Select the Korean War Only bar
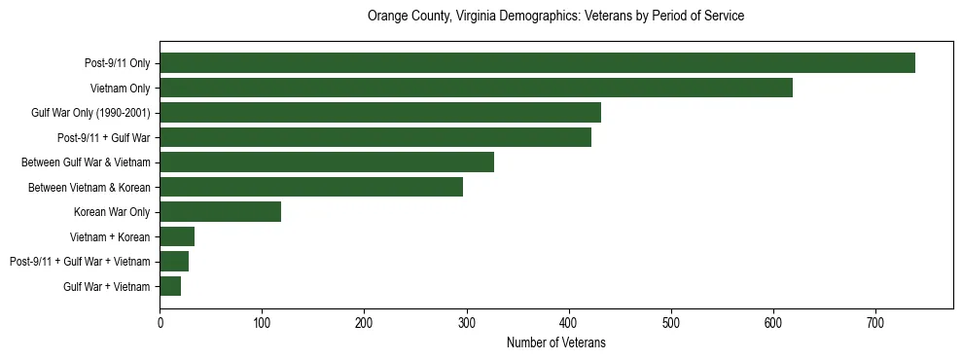pos(221,212)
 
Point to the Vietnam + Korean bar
pos(177,236)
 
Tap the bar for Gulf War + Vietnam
pos(170,286)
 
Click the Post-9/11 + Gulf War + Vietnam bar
pos(174,262)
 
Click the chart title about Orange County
pos(555,17)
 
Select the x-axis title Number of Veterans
pos(555,342)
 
